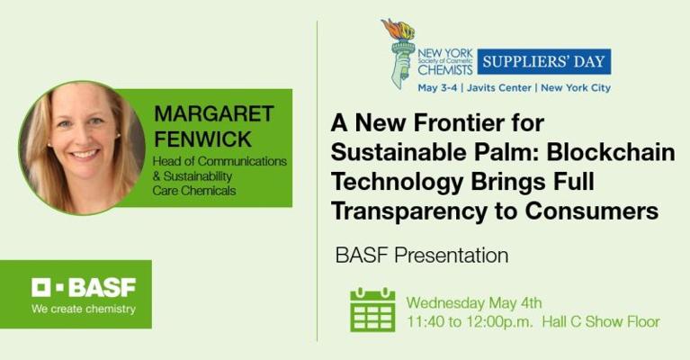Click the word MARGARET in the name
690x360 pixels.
pyautogui.click(x=214, y=113)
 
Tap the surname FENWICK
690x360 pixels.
pyautogui.click(x=203, y=139)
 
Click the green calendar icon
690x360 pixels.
pyautogui.click(x=372, y=310)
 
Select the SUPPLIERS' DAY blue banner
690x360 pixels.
pyautogui.click(x=544, y=61)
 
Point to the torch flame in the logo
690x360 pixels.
pyautogui.click(x=399, y=29)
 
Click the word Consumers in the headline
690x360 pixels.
pyautogui.click(x=591, y=211)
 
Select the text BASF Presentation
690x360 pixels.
pyautogui.click(x=422, y=256)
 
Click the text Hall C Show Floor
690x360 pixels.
pyautogui.click(x=601, y=321)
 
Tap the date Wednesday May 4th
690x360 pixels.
pyautogui.click(x=474, y=303)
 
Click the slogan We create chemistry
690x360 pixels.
pyautogui.click(x=84, y=309)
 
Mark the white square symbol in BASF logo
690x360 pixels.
pyautogui.click(x=40, y=287)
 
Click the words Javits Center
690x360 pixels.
pyautogui.click(x=499, y=87)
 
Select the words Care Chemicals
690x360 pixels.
pyautogui.click(x=194, y=191)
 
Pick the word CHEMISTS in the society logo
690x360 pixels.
pyautogui.click(x=445, y=69)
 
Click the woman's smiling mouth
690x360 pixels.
pyautogui.click(x=84, y=154)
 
